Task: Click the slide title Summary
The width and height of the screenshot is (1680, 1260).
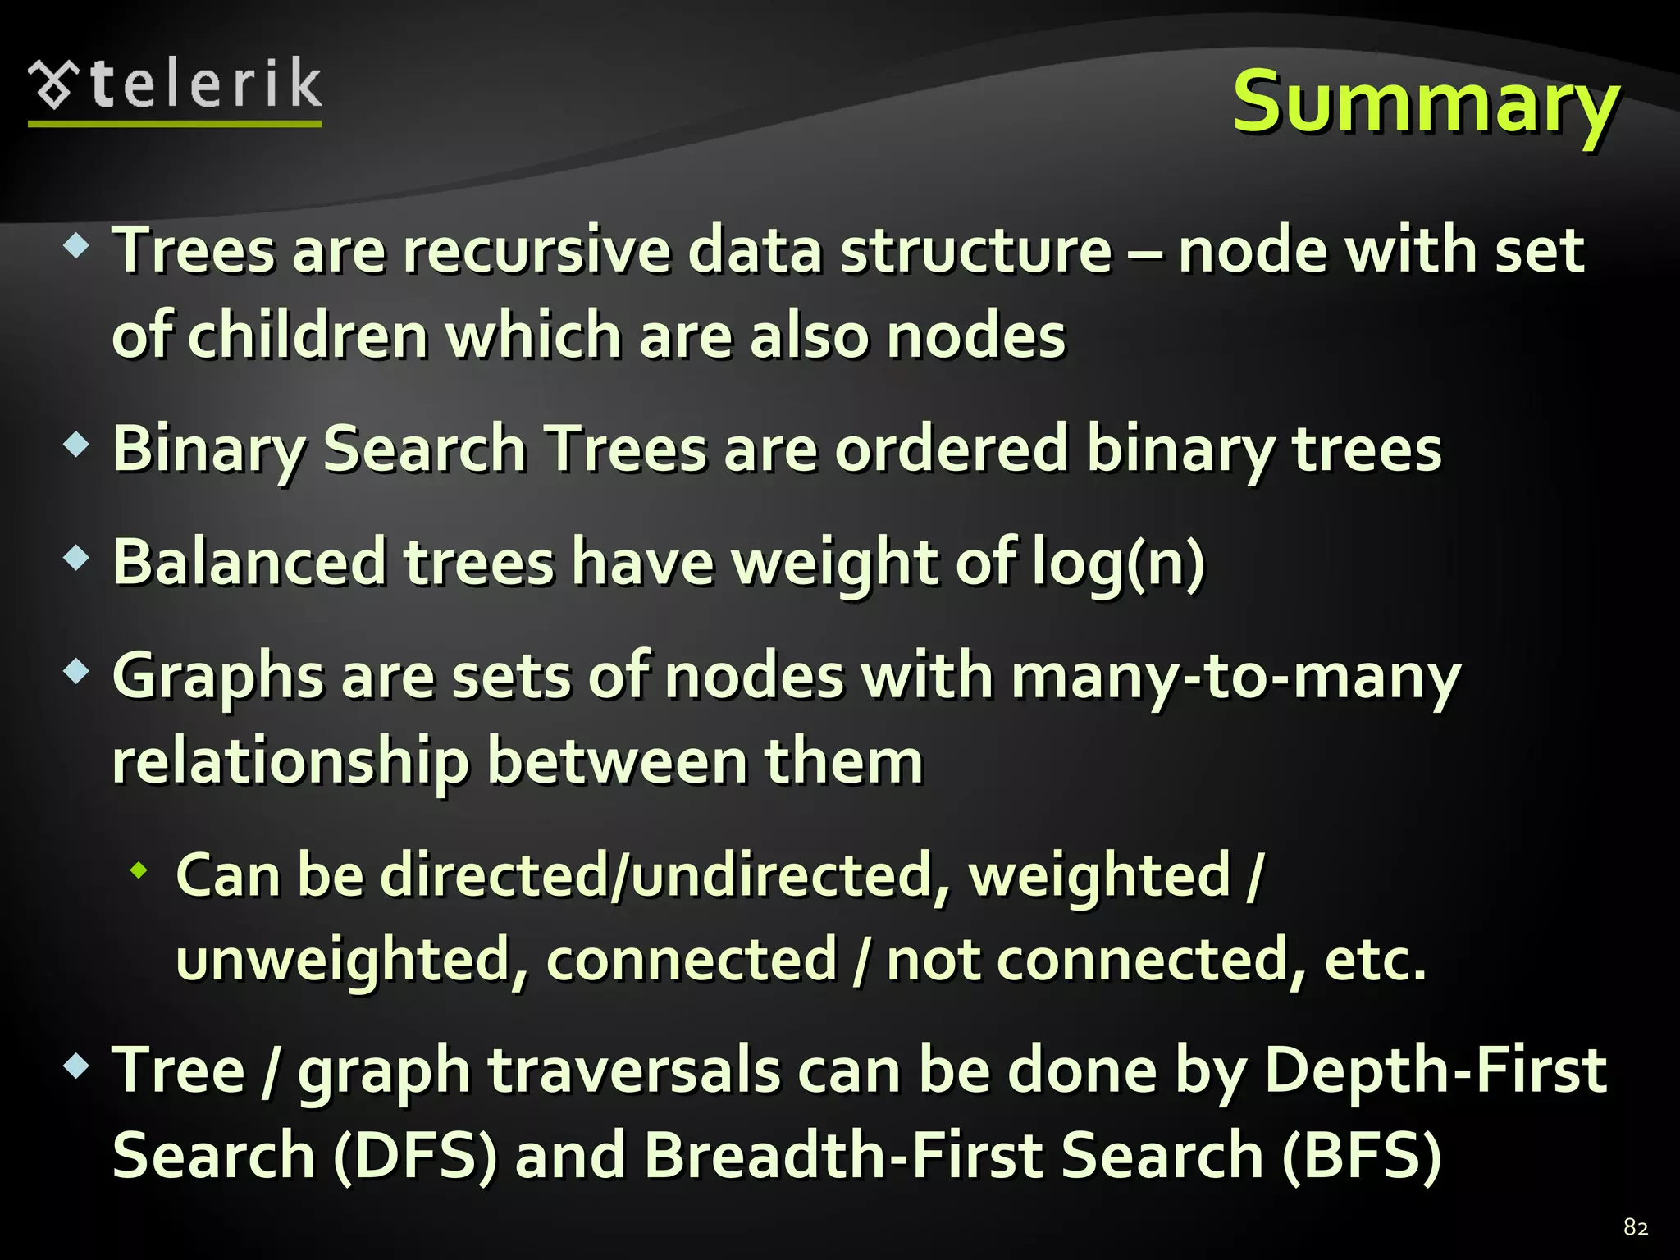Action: point(1426,103)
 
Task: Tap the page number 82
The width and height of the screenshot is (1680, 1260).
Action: point(1636,1227)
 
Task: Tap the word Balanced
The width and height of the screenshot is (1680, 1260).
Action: point(249,563)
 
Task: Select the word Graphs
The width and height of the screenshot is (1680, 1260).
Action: point(218,678)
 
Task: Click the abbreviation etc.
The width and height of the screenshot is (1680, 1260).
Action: point(1376,960)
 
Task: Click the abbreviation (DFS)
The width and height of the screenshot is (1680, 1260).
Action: point(415,1156)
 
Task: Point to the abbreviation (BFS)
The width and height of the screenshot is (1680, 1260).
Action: point(1361,1156)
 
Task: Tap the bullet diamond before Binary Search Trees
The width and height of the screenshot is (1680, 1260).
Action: point(76,445)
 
